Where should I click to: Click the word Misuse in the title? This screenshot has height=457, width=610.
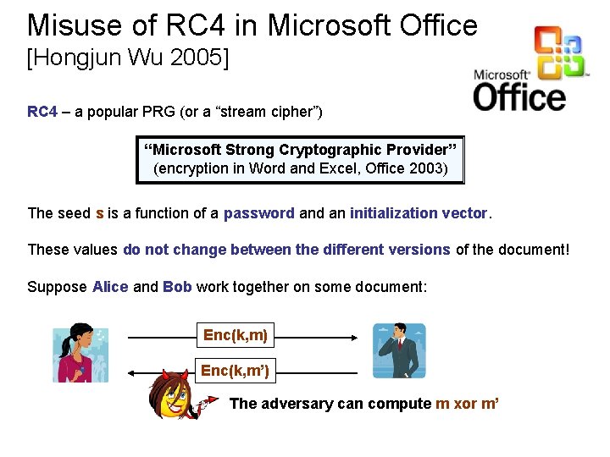pos(70,25)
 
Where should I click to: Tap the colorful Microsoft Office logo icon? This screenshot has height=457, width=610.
pos(559,53)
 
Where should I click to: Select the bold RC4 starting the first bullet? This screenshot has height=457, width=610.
pos(42,112)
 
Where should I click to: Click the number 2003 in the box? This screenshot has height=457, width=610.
pos(424,168)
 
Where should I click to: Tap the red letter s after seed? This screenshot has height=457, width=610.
pos(100,213)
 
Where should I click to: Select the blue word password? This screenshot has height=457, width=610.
pos(258,213)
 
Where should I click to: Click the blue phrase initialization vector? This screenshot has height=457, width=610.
pos(419,213)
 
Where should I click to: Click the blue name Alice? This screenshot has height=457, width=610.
pos(110,287)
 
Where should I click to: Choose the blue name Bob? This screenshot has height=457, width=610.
pos(177,287)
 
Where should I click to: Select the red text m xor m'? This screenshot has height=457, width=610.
pos(467,404)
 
